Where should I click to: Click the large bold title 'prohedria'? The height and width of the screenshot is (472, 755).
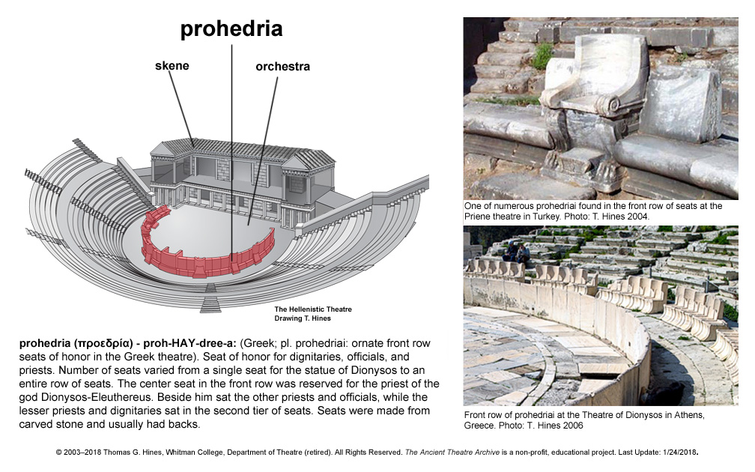[231, 29]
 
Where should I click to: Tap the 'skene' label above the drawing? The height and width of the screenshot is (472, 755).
[172, 65]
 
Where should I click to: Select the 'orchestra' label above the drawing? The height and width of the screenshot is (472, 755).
[282, 67]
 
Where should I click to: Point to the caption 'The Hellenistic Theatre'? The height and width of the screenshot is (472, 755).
[313, 309]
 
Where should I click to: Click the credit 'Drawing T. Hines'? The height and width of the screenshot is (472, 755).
[303, 318]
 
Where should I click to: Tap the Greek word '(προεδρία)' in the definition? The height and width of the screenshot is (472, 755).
[103, 343]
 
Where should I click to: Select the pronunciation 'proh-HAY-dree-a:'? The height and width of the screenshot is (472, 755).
[189, 343]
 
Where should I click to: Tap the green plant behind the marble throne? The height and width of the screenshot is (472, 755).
[542, 56]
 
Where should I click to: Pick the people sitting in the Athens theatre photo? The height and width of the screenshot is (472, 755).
[516, 252]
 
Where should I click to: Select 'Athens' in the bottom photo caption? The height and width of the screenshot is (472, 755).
[689, 415]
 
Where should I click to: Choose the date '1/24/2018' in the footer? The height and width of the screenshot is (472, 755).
[679, 453]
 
